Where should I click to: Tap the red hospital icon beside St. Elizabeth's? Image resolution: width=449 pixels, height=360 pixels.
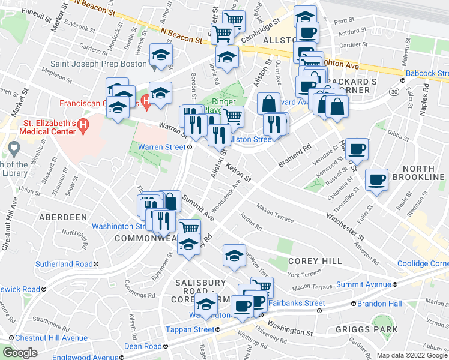(84, 127)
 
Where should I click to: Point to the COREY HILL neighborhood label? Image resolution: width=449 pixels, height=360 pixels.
(315, 261)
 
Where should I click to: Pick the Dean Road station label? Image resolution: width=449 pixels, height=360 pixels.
(143, 346)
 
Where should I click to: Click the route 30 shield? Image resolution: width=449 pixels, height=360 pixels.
(394, 91)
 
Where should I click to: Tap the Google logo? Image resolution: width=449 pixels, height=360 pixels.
(20, 353)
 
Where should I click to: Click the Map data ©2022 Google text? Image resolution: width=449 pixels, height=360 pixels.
(412, 355)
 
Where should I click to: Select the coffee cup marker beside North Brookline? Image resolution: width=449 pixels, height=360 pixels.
(377, 180)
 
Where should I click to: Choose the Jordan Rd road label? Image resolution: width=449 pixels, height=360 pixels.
(250, 222)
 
